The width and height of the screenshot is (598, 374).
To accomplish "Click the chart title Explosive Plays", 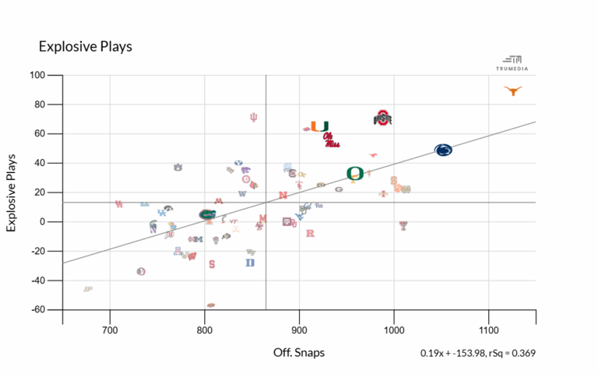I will click(x=86, y=47).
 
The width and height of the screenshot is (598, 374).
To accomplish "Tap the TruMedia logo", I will click(x=512, y=62).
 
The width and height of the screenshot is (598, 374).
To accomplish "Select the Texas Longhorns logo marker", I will click(x=512, y=91).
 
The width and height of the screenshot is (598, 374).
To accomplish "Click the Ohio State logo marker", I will click(x=382, y=118).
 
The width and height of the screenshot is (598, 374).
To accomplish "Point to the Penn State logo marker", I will click(x=442, y=150).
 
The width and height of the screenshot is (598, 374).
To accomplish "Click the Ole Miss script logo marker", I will click(x=332, y=140).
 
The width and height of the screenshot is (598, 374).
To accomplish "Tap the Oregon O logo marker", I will click(x=355, y=173).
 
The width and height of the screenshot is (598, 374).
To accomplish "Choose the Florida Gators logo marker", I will click(x=207, y=214).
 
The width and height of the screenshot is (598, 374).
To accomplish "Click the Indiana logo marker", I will click(x=253, y=118).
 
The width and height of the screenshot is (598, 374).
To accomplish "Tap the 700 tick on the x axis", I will click(x=110, y=329).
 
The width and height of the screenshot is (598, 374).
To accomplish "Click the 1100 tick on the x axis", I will click(x=488, y=329).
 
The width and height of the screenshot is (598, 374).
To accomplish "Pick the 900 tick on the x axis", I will click(x=299, y=329).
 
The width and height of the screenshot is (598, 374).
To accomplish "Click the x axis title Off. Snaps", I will click(x=299, y=353).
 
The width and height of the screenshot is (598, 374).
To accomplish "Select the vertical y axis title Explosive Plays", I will click(x=12, y=192).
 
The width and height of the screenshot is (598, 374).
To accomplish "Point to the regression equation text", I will click(x=477, y=354).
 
